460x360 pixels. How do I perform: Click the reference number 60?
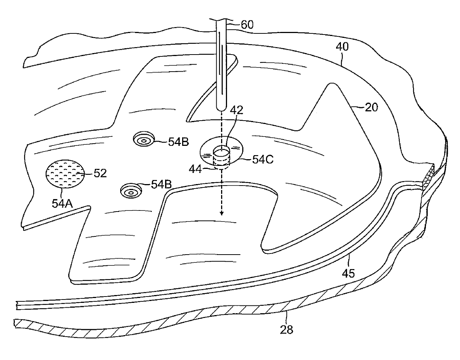[247, 25]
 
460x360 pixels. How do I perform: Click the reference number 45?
[349, 274]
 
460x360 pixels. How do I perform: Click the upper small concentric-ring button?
[143, 139]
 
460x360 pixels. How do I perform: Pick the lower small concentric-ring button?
[131, 191]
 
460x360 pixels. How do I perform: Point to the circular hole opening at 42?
[222, 151]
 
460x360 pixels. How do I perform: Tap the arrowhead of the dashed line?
[221, 213]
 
